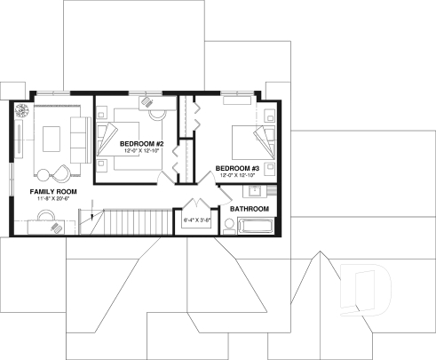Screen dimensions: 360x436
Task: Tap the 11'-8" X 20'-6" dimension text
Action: coord(53,200)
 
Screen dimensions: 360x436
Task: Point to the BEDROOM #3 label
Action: coord(237,168)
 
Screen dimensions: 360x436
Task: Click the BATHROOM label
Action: coord(248,209)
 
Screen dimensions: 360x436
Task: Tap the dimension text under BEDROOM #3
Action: coord(237,175)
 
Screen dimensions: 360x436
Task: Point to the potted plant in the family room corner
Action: coord(21,111)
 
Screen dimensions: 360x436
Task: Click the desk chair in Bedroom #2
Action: coord(157,114)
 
